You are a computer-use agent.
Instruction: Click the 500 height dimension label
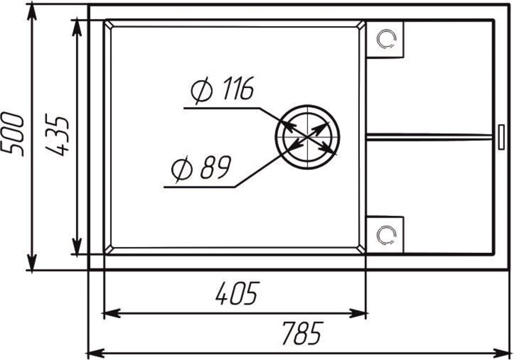pyautogui.click(x=12, y=134)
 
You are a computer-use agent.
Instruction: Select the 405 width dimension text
pyautogui.click(x=237, y=293)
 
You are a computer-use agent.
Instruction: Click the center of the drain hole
pyautogui.click(x=308, y=137)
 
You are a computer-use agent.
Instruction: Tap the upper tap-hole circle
pyautogui.click(x=386, y=39)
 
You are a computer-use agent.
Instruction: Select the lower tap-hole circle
pyautogui.click(x=386, y=235)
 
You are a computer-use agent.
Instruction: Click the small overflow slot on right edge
pyautogui.click(x=502, y=137)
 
